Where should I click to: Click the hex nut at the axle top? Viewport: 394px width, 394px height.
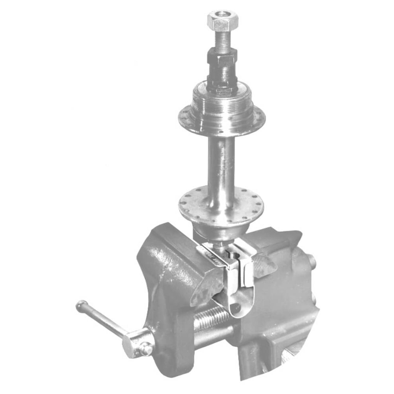point(220,21)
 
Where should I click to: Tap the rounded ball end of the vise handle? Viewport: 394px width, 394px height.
point(82,305)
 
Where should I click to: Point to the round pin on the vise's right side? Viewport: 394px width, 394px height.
point(312,261)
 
